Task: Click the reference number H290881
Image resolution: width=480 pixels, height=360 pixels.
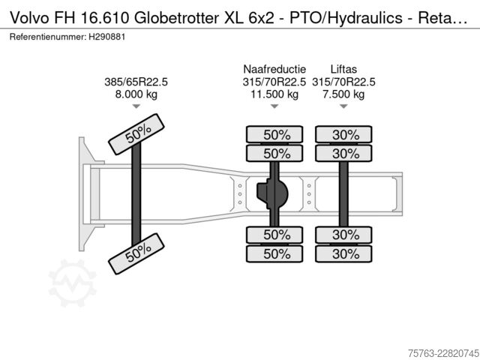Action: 106,37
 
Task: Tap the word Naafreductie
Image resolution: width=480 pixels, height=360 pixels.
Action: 274,69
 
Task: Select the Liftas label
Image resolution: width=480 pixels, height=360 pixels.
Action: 343,69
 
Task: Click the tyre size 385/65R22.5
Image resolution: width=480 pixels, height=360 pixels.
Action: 136,82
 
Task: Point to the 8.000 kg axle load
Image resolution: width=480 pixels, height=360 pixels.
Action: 136,94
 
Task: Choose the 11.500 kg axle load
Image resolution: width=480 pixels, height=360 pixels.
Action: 274,94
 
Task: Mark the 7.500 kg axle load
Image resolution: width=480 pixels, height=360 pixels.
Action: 343,94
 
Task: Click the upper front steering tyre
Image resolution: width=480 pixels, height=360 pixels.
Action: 136,134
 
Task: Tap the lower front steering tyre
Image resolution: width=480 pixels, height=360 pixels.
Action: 136,253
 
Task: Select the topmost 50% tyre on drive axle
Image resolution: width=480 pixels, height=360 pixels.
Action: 274,134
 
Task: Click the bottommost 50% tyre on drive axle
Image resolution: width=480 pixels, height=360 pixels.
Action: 274,253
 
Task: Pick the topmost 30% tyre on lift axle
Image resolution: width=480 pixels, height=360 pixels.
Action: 343,134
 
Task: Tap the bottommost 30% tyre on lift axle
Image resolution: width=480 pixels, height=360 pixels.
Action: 343,253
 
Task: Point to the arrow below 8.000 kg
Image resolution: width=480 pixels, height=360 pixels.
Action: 136,106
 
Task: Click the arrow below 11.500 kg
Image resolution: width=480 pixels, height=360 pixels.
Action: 274,106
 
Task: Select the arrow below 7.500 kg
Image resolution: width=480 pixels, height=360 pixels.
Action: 343,106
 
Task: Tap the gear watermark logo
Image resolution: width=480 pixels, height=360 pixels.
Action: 72,283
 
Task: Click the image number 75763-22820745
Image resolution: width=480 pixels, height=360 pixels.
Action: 443,353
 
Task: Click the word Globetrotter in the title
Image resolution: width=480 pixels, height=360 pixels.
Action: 177,18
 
